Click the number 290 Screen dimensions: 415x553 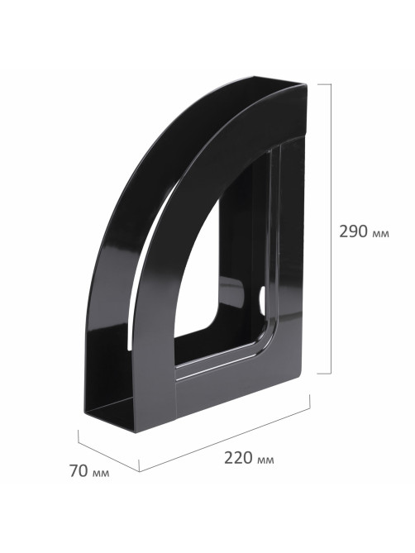353,231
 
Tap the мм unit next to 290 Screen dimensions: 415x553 380,234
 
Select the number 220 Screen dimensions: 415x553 238,458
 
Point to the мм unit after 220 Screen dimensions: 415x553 265,460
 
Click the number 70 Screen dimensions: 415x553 79,471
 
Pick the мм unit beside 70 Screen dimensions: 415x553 101,474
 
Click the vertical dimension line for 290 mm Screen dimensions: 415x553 331,228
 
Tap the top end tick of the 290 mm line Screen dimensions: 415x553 324,84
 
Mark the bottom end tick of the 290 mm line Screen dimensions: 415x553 324,373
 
